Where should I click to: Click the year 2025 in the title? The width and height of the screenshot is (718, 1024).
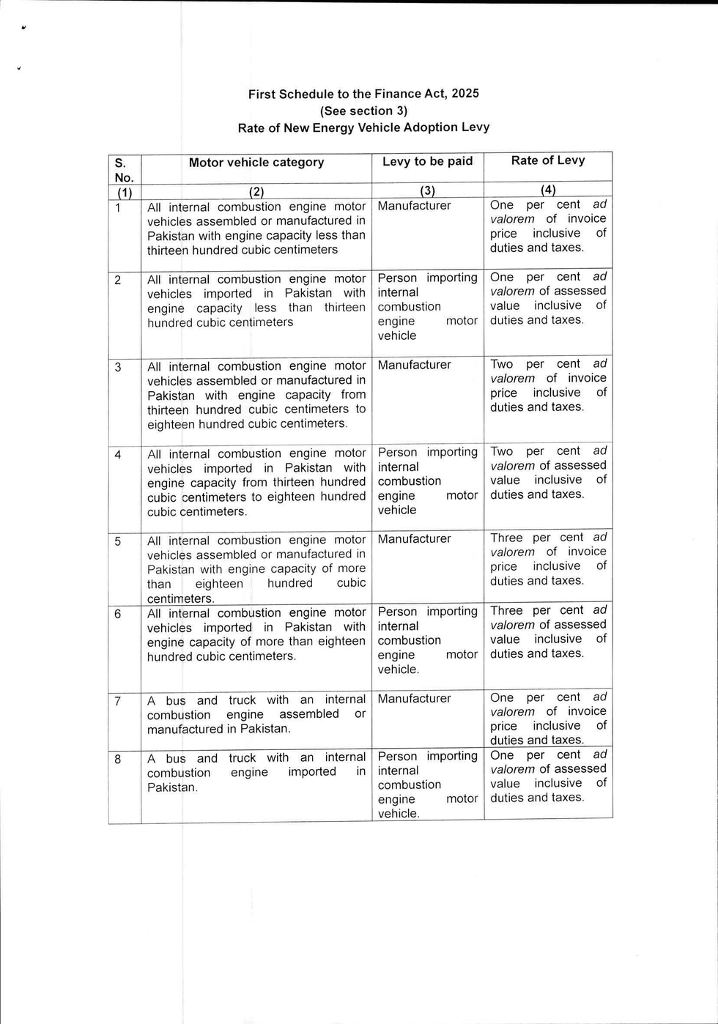(x=465, y=94)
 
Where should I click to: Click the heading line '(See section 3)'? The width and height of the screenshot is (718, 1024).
(x=363, y=111)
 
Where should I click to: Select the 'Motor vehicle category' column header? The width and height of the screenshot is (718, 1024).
(x=256, y=163)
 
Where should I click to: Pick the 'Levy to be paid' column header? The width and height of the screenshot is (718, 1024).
(x=428, y=162)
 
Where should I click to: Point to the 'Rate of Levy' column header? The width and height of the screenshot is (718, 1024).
(x=548, y=160)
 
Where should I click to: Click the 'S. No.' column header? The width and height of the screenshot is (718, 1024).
(x=124, y=170)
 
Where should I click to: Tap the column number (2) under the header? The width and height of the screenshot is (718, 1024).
(x=256, y=192)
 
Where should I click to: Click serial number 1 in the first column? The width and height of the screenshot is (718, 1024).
(x=117, y=207)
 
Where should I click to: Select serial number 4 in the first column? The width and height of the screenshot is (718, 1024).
(x=118, y=454)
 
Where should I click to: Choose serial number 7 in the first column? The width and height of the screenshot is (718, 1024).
(x=118, y=701)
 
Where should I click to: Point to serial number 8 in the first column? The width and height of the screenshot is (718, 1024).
(x=118, y=759)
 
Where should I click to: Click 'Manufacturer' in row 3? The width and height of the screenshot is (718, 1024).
(x=414, y=365)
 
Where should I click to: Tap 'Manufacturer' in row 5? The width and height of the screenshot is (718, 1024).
(x=414, y=539)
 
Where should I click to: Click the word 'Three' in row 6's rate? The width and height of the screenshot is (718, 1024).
(x=506, y=611)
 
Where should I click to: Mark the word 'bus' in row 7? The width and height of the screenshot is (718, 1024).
(x=176, y=700)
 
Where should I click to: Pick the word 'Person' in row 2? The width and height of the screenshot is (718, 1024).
(x=397, y=278)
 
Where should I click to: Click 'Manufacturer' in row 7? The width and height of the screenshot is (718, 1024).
(x=414, y=699)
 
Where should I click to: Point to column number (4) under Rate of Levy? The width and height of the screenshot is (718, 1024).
(x=548, y=190)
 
